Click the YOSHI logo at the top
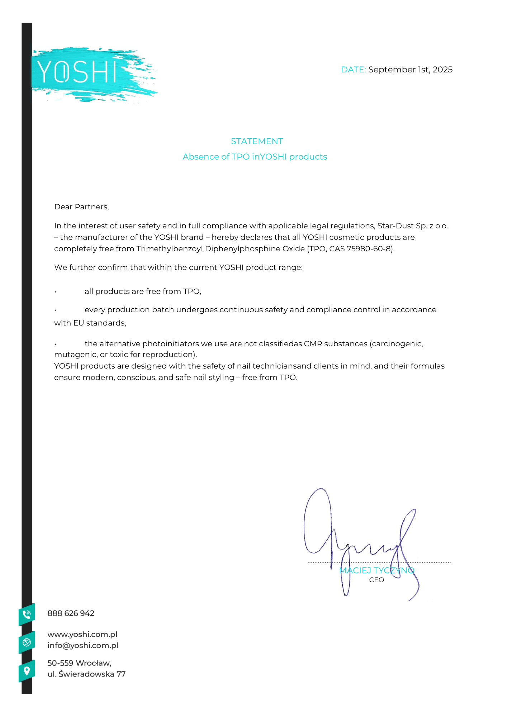pyautogui.click(x=77, y=72)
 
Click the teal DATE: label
pyautogui.click(x=353, y=70)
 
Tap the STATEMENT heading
pyautogui.click(x=257, y=141)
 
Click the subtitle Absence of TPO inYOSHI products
pyautogui.click(x=255, y=157)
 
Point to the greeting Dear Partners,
pyautogui.click(x=81, y=207)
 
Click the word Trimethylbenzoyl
pyautogui.click(x=169, y=249)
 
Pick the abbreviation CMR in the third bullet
pyautogui.click(x=313, y=344)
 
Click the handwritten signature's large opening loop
pyautogui.click(x=317, y=520)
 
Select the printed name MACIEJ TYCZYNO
pyautogui.click(x=376, y=570)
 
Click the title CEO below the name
pyautogui.click(x=376, y=580)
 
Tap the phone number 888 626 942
pyautogui.click(x=71, y=613)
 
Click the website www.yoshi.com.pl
pyautogui.click(x=82, y=634)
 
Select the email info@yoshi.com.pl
pyautogui.click(x=83, y=645)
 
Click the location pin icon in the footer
pyautogui.click(x=27, y=670)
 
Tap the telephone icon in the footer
pyautogui.click(x=27, y=614)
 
